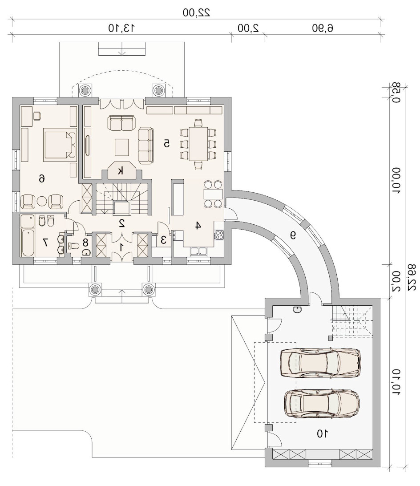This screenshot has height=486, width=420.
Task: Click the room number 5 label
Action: (166, 143)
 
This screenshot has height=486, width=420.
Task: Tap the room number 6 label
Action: (42, 178)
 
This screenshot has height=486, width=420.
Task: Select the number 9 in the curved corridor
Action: (292, 236)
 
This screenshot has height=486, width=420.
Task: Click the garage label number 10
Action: (322, 433)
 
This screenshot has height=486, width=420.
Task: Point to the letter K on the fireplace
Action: (121, 171)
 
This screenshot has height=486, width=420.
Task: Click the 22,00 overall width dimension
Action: (196, 12)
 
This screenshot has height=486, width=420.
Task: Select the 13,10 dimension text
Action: (121, 28)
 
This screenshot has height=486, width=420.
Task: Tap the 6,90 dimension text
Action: (323, 28)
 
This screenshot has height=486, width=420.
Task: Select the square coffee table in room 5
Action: (122, 147)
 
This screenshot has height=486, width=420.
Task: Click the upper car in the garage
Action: (320, 363)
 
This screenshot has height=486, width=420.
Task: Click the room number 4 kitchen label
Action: (198, 226)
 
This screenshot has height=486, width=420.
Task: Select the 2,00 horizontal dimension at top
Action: (248, 28)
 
